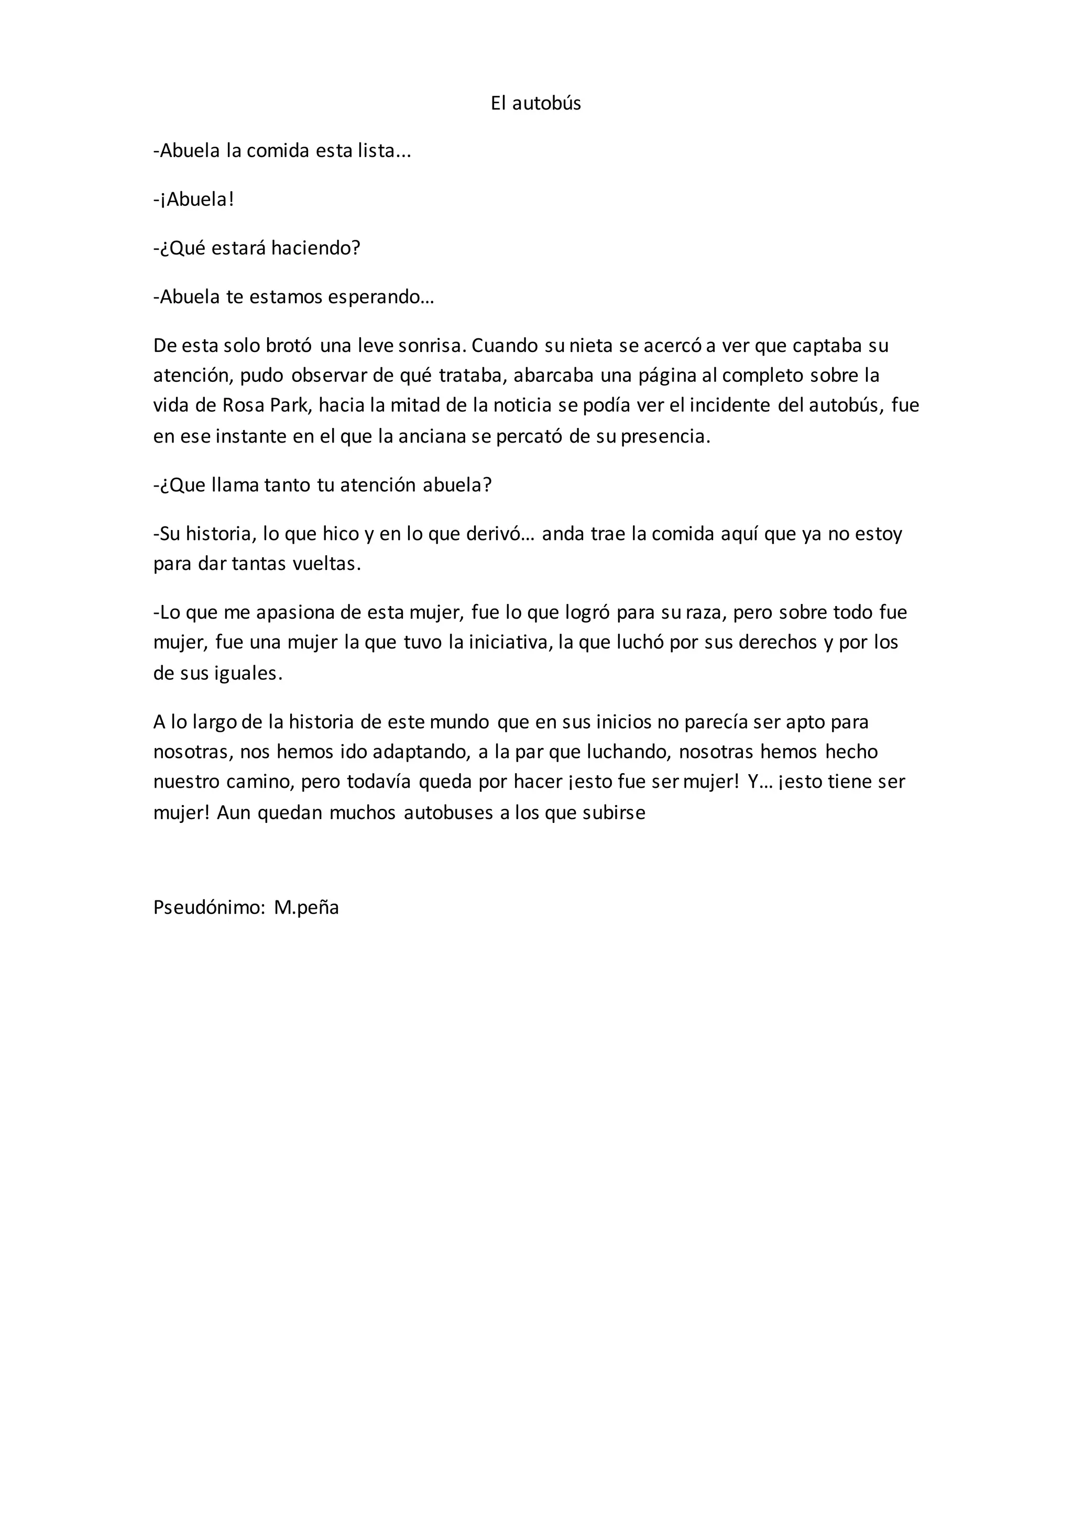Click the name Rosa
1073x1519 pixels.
pyautogui.click(x=243, y=405)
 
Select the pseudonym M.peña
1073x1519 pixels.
pyautogui.click(x=306, y=908)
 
